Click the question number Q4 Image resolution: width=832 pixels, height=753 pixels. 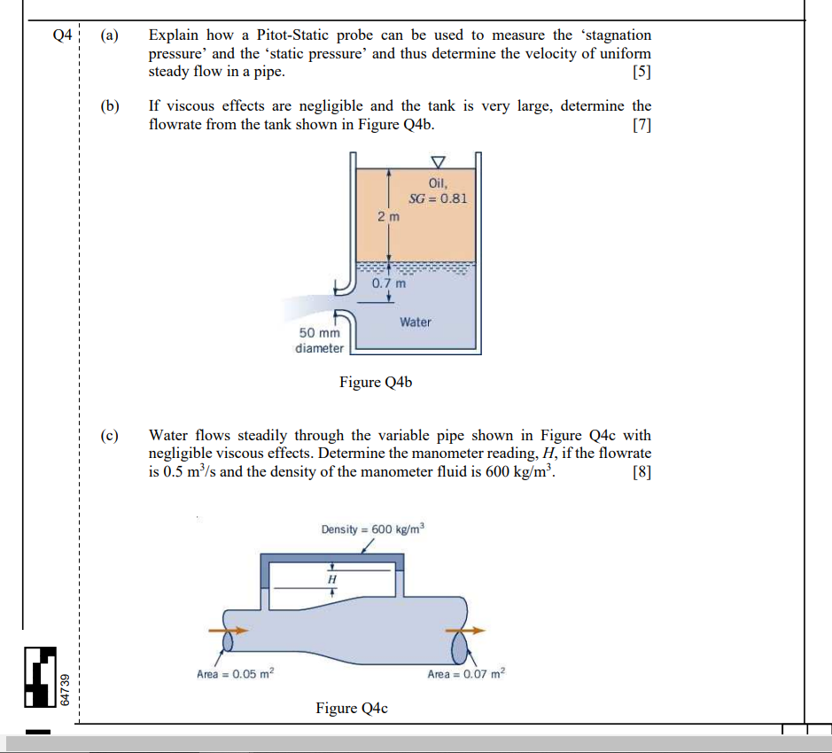pos(61,35)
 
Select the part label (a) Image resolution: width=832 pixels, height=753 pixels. pos(109,35)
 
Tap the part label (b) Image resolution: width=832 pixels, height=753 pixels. pos(109,106)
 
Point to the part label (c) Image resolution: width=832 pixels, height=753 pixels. pos(109,436)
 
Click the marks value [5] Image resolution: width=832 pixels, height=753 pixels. pos(642,73)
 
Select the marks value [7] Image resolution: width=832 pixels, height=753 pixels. pos(642,125)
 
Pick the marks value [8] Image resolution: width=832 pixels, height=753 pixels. pos(642,472)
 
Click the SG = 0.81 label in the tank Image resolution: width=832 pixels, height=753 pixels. pos(438,198)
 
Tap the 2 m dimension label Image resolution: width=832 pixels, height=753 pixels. pos(388,216)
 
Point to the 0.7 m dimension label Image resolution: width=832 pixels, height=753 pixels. pos(389,284)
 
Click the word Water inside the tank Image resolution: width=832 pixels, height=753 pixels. pos(415,322)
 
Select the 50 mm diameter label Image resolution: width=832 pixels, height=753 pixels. pos(319,340)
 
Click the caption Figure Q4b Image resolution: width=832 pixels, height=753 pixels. pos(376,383)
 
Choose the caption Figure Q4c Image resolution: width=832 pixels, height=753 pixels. pos(352,708)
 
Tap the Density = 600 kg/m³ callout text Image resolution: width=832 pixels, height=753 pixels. pos(373,529)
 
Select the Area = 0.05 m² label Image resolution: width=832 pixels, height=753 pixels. pos(236,674)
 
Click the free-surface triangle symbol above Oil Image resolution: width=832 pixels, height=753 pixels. pos(436,161)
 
